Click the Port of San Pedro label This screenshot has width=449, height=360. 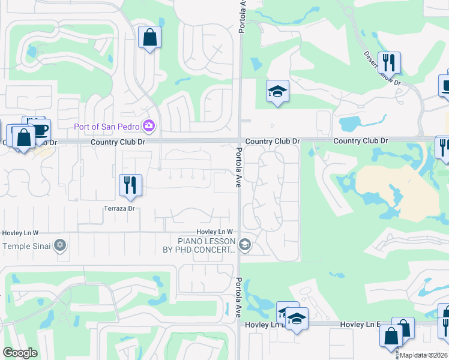pos(106,126)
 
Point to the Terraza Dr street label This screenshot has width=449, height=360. pos(121,208)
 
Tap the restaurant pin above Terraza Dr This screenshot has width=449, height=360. pos(130,185)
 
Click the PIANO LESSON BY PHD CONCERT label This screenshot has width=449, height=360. pos(199,245)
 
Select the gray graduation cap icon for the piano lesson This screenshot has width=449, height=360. pos(244,245)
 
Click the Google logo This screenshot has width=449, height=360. pos(20,352)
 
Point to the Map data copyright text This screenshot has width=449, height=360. pos(424,355)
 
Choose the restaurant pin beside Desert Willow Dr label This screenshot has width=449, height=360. pos(391,62)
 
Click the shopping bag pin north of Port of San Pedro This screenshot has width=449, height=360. pos(149,38)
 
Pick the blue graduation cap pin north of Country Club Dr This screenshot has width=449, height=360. pos(277,92)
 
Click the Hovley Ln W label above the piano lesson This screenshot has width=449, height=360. pos(214,232)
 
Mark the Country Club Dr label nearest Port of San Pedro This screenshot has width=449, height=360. pos(115,142)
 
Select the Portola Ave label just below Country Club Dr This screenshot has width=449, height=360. pos(238,167)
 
